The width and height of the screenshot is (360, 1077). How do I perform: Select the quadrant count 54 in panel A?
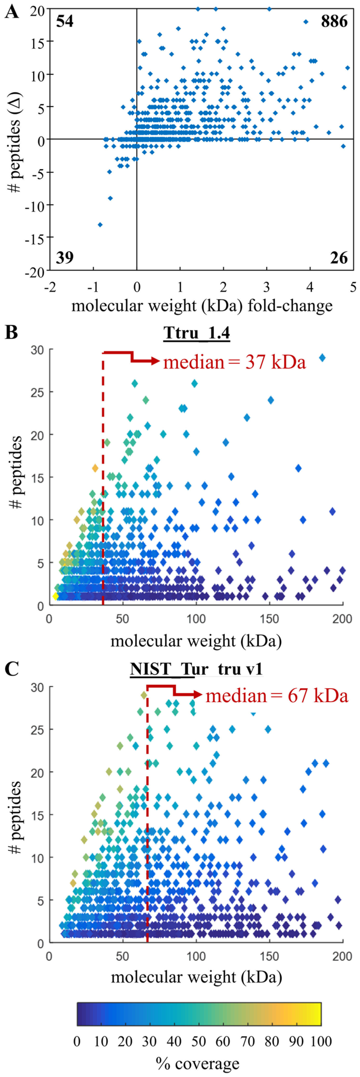(x=65, y=21)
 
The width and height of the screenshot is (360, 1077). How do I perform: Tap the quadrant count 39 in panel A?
(x=65, y=258)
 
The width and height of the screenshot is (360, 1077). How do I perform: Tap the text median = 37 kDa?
(x=234, y=362)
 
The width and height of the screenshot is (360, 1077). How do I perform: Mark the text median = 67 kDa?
(x=277, y=696)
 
